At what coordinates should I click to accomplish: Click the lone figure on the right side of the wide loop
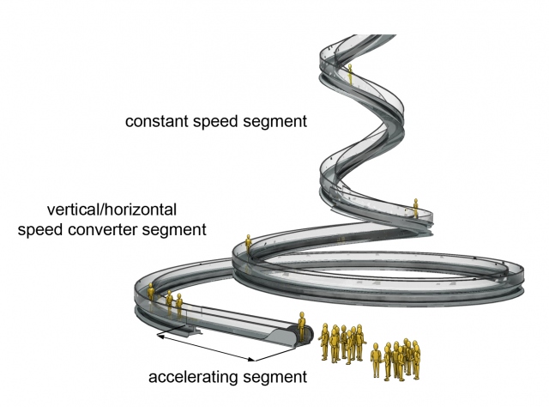[414, 208]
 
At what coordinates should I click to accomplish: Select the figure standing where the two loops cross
[248, 245]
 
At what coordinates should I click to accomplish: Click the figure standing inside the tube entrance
[302, 328]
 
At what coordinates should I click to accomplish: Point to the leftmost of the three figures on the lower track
[154, 294]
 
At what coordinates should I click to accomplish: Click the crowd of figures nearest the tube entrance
[342, 343]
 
